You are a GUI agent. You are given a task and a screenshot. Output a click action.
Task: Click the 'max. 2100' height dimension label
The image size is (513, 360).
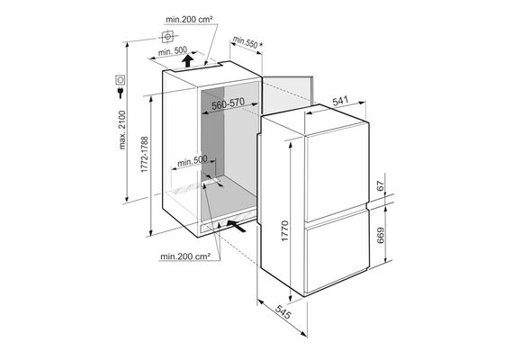pyautogui.click(x=122, y=130)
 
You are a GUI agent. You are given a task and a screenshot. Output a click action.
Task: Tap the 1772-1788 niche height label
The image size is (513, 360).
pyautogui.click(x=145, y=155)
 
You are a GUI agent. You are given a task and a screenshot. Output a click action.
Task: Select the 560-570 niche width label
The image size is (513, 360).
pyautogui.click(x=228, y=104)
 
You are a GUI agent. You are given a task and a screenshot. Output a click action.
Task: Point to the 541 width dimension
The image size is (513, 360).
pyautogui.click(x=340, y=101)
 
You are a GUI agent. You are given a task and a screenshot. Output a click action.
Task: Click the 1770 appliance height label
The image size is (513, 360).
pyautogui.click(x=285, y=231)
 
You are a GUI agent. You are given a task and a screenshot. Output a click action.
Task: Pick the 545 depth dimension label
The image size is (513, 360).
pyautogui.click(x=283, y=311)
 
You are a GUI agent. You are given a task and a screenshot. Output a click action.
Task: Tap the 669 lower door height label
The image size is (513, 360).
pyautogui.click(x=381, y=235)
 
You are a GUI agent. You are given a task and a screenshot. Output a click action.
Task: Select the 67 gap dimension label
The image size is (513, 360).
pyautogui.click(x=380, y=186)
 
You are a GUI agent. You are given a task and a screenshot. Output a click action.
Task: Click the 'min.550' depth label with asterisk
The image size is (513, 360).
pyautogui.click(x=247, y=42)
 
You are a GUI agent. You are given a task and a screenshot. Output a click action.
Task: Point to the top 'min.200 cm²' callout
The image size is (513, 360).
pyautogui.click(x=189, y=19)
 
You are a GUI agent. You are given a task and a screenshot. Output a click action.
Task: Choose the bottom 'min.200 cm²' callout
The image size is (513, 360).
pyautogui.click(x=184, y=256)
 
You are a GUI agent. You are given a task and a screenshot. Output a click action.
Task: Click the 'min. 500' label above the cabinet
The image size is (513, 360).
pyautogui.click(x=173, y=51)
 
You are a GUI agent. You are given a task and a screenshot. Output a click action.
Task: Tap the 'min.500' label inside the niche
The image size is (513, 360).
pyautogui.click(x=192, y=161)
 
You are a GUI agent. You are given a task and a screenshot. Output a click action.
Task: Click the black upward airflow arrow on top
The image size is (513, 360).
pyautogui.click(x=187, y=61)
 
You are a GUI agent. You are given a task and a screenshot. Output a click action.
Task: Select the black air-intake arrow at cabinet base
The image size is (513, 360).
pyautogui.click(x=236, y=226)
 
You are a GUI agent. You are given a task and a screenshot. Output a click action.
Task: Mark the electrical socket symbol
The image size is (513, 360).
pyautogui.click(x=120, y=79)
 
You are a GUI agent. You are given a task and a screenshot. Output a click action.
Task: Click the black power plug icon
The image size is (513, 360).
pyautogui.click(x=121, y=92)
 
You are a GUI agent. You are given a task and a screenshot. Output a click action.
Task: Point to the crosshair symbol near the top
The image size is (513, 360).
pyautogui.click(x=167, y=37)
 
